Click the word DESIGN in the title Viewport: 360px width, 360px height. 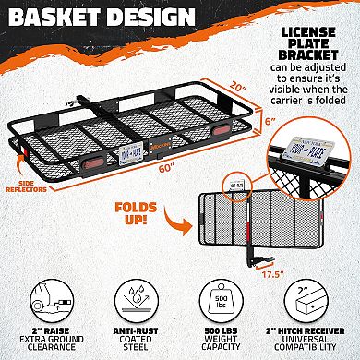(x=152, y=18)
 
